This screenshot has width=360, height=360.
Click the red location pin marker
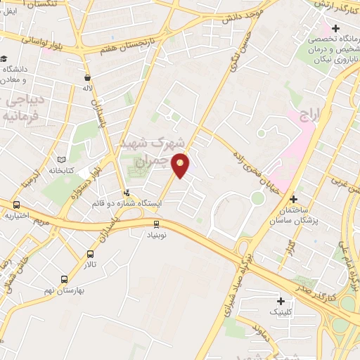181,166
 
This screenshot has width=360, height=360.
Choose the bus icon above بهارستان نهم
64,278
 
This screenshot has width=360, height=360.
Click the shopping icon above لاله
86,78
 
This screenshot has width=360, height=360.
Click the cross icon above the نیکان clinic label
336,29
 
